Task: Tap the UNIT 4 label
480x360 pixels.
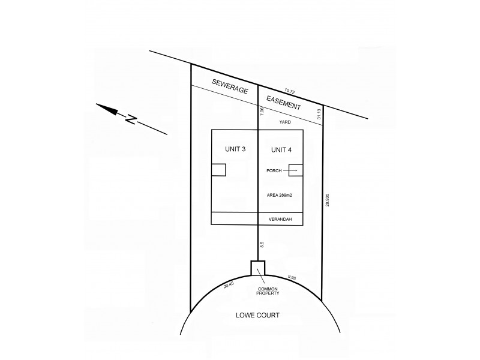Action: point(281,149)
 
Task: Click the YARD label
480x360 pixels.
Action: point(286,122)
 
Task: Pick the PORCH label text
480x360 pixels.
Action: point(274,170)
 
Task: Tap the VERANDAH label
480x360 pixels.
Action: point(281,220)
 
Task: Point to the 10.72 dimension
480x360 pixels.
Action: point(289,91)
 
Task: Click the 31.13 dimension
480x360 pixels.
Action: point(319,114)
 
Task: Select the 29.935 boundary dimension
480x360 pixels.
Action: point(327,200)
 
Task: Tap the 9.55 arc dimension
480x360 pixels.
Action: point(292,277)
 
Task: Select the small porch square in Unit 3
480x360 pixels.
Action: point(218,170)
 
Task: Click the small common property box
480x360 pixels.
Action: point(258,268)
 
